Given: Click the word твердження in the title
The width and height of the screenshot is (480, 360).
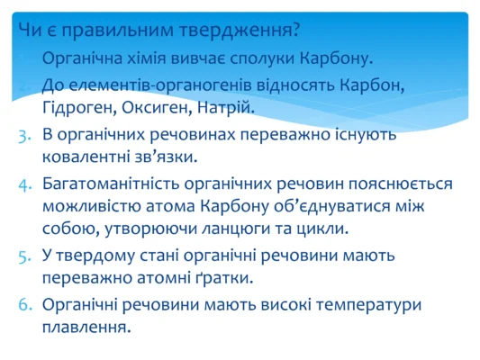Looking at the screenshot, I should pyautogui.click(x=245, y=30).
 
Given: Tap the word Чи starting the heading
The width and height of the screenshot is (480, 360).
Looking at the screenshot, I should pyautogui.click(x=29, y=30).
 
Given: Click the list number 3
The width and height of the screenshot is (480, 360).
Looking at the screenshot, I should pyautogui.click(x=24, y=134).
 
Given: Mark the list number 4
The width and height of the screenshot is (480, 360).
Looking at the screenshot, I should pyautogui.click(x=24, y=184).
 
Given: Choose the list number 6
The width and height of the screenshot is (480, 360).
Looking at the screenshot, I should pyautogui.click(x=24, y=305).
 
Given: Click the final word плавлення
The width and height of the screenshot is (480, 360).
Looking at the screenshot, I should pyautogui.click(x=86, y=328).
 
